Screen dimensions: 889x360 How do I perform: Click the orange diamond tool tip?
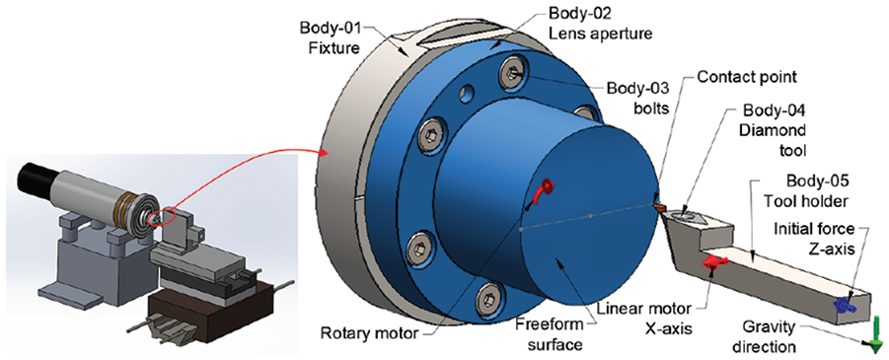click(659, 207)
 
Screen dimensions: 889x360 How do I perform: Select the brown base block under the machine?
click(206, 309)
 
